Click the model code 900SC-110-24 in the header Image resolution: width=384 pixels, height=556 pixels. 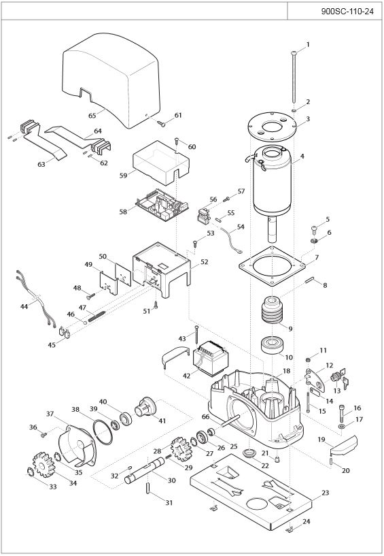tap(347, 12)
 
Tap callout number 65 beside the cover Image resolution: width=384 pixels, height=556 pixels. tap(92, 116)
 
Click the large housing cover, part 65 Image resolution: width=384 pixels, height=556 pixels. tap(111, 80)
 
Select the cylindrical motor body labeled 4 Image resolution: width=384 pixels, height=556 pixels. tap(272, 181)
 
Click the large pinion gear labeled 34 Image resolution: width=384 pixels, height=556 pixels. tap(43, 465)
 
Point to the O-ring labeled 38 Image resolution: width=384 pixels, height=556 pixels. tap(103, 431)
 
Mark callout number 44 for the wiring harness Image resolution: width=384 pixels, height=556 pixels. tap(24, 306)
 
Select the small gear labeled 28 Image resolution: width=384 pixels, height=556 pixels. tap(181, 448)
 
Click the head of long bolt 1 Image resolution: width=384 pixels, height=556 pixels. tap(294, 53)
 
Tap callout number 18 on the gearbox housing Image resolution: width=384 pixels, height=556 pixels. tap(286, 371)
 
